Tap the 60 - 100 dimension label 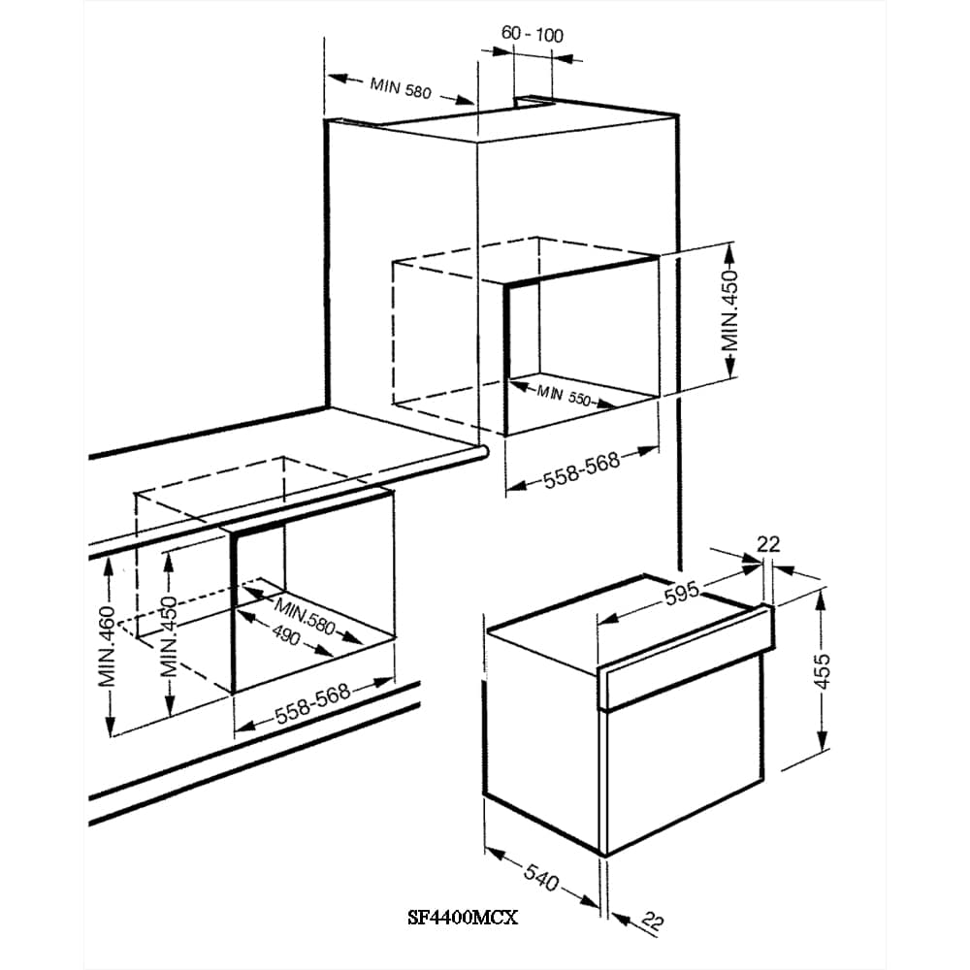click(x=532, y=34)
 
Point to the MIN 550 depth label click(x=564, y=395)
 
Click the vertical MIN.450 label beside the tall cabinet click(x=730, y=310)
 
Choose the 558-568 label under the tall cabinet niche click(x=581, y=469)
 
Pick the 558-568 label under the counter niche click(x=313, y=702)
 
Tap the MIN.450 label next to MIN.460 click(x=168, y=636)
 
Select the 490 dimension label click(x=286, y=636)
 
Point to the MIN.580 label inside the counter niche click(x=305, y=616)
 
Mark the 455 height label click(x=823, y=670)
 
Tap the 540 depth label click(x=542, y=877)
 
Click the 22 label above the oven click(x=768, y=544)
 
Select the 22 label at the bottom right click(x=653, y=921)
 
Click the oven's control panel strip click(x=685, y=659)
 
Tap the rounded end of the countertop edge click(x=483, y=452)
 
